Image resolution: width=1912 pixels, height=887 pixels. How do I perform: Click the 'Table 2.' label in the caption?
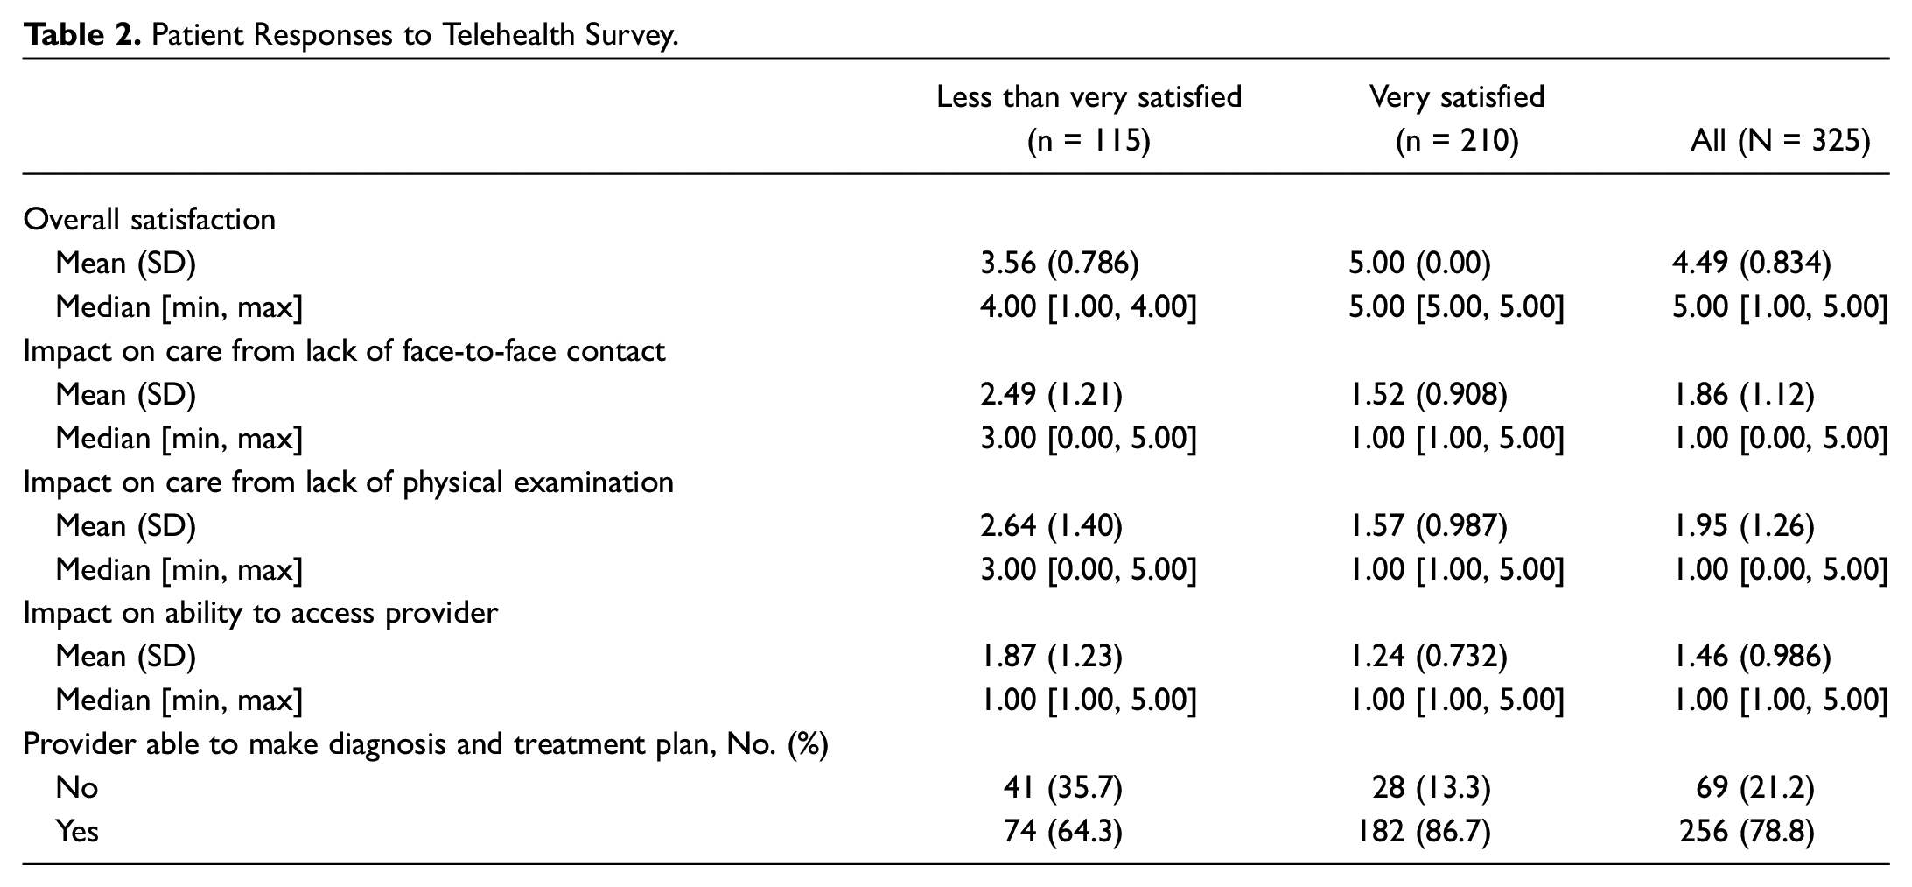coord(82,35)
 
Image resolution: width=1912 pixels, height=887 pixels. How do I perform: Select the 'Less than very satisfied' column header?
coord(1089,96)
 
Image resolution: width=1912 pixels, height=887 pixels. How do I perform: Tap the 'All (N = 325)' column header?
coord(1780,140)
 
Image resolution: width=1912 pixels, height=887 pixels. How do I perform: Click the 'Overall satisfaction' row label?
coord(150,219)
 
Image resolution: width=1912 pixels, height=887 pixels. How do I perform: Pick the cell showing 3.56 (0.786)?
coord(1059,263)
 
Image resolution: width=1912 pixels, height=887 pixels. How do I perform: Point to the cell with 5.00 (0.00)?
coord(1419,263)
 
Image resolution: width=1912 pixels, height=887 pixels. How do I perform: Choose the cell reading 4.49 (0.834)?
coord(1751,263)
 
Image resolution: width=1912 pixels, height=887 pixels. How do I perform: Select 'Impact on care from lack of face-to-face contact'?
coord(345,350)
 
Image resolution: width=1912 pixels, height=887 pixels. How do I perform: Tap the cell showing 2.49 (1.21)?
coord(1051,394)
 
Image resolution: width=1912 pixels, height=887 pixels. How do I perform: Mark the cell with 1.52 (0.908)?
coord(1428,394)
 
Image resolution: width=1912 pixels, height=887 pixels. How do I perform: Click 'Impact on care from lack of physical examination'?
coord(348,482)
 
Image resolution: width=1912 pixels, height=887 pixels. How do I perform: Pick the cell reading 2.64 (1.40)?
coord(1051,525)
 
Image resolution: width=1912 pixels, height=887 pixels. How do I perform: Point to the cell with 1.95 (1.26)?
coord(1743,525)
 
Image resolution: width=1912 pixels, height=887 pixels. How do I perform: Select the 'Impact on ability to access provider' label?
coord(261,612)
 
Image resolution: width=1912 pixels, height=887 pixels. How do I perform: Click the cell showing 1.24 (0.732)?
coord(1428,656)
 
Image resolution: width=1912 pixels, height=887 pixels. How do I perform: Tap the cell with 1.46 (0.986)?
coord(1751,656)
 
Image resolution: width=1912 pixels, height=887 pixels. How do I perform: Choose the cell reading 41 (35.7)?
coord(1062,787)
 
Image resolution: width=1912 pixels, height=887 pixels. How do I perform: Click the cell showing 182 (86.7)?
coord(1419,831)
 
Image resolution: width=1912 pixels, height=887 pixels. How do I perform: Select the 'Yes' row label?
coord(77,831)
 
